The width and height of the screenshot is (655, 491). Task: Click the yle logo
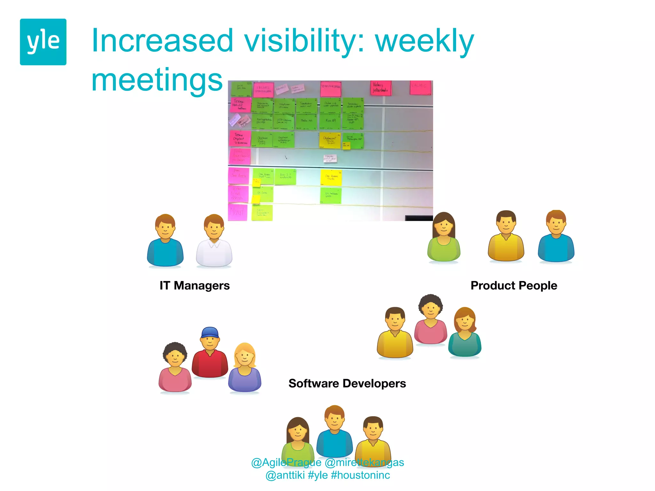point(43,42)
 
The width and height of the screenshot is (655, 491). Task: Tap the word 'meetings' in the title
point(157,80)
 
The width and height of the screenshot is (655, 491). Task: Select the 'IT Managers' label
point(194,285)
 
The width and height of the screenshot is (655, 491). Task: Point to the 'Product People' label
point(514,285)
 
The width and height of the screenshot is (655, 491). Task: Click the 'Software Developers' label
point(347,383)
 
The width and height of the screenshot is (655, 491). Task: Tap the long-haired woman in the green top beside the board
point(444,237)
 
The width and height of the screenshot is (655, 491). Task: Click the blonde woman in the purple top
point(245,368)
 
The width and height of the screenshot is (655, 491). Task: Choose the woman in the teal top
point(465,332)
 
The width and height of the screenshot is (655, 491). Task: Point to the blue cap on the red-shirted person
point(210,332)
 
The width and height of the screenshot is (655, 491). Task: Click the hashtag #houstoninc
point(360,475)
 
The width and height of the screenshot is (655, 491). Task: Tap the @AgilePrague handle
point(286,463)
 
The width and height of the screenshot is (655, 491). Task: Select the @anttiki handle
point(285,475)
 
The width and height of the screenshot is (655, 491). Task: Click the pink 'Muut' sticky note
point(238,212)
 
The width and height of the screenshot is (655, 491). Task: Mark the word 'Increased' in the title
point(162,41)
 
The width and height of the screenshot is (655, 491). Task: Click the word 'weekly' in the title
point(424,41)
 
